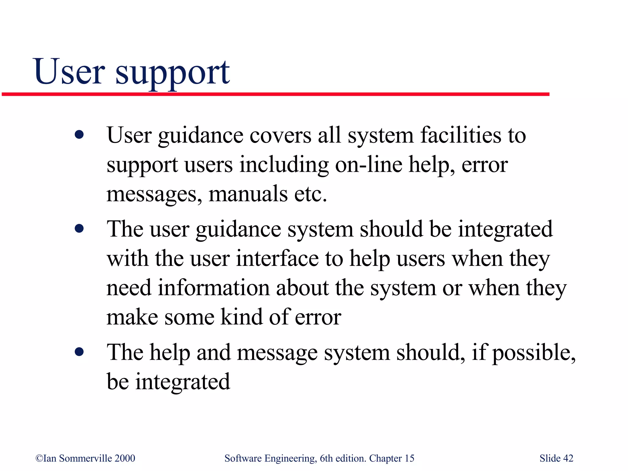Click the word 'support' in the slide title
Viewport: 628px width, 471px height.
(x=172, y=74)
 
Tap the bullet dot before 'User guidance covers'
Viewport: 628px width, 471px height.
(x=79, y=135)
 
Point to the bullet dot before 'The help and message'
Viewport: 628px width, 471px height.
(x=79, y=352)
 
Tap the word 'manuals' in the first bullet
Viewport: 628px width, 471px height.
(x=248, y=194)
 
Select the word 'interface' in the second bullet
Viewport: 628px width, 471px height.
(x=277, y=258)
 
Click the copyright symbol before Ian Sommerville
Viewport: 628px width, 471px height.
(x=39, y=458)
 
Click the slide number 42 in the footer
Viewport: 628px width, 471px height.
(x=568, y=458)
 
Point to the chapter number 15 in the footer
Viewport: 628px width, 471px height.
(x=409, y=458)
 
